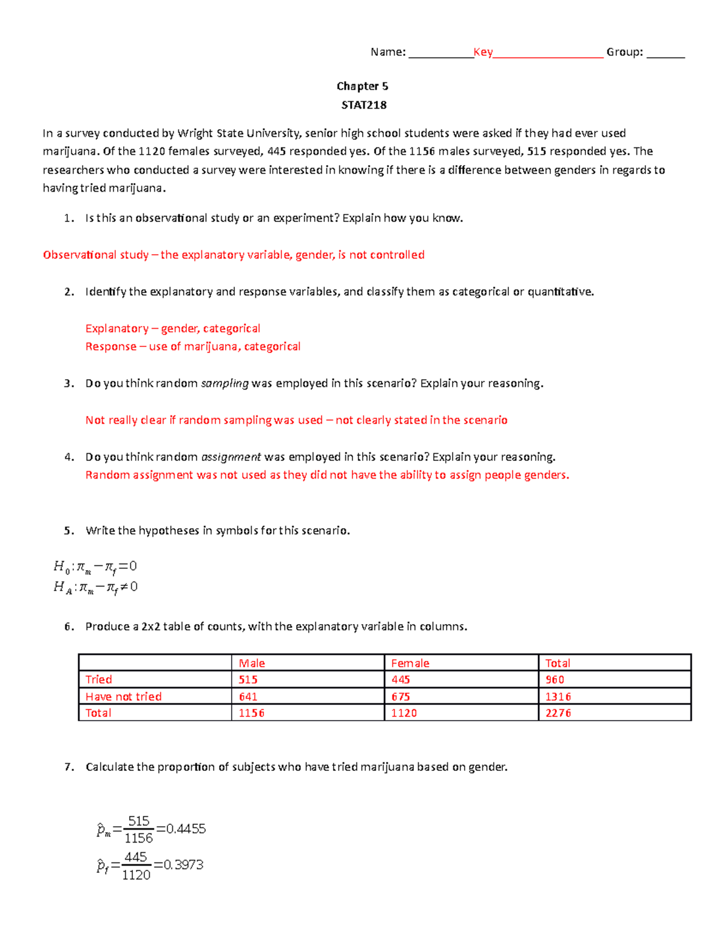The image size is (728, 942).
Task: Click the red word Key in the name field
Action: tap(483, 52)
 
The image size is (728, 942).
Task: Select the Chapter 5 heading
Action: tap(362, 86)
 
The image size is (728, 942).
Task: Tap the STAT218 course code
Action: tap(363, 105)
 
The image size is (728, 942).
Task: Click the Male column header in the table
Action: tap(252, 663)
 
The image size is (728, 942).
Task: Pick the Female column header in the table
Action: tap(410, 663)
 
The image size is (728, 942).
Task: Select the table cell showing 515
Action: tap(248, 679)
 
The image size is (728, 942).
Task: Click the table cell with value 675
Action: tap(400, 696)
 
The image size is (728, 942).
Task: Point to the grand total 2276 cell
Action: tap(558, 713)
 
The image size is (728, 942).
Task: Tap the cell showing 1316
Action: tap(558, 696)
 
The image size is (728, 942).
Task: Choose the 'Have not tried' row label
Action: tap(124, 696)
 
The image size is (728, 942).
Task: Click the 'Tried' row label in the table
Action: tap(99, 679)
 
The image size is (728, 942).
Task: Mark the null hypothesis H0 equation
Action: tap(95, 567)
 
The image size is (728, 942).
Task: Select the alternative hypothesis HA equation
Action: tap(95, 587)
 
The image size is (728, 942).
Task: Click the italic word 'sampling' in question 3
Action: tap(224, 383)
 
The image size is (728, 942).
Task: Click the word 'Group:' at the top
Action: tap(624, 52)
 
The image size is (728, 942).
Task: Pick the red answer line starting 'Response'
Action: tap(193, 346)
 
